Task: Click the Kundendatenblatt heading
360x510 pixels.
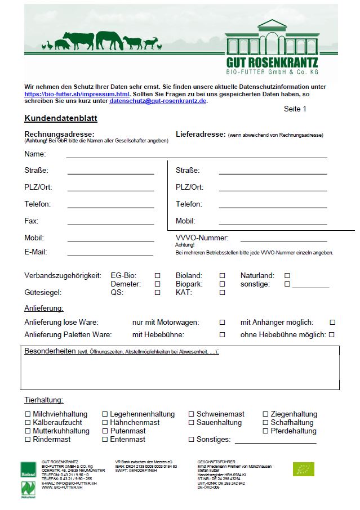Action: (x=61, y=119)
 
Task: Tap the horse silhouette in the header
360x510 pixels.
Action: (x=109, y=41)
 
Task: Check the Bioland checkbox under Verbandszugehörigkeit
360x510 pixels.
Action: (x=222, y=276)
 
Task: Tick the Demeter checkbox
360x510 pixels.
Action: (x=158, y=284)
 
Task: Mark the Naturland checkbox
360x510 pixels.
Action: (x=287, y=276)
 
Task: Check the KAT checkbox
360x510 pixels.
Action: (x=222, y=293)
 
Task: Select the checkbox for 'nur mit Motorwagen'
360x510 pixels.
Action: (x=222, y=323)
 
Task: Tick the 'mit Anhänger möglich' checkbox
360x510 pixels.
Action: (x=332, y=323)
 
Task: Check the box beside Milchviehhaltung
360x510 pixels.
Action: (x=28, y=414)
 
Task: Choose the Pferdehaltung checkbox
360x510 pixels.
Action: (x=266, y=431)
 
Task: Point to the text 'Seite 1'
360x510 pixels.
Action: (x=295, y=109)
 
